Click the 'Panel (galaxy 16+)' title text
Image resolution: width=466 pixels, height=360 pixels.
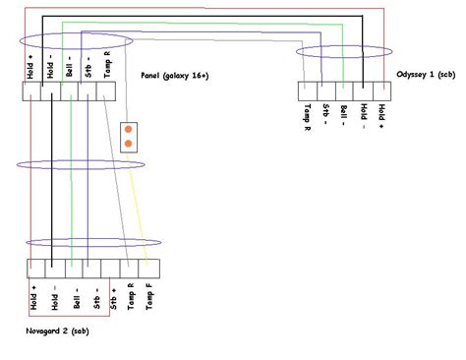(174, 75)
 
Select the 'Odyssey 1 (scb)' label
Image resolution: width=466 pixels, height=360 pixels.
(429, 75)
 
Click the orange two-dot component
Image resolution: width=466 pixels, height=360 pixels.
(128, 138)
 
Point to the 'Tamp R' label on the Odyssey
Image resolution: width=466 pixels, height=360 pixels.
(307, 119)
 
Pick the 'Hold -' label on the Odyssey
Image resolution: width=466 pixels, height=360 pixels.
(362, 117)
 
